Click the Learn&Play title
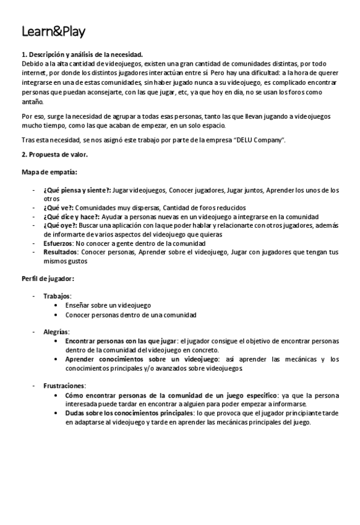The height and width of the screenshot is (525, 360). point(53,32)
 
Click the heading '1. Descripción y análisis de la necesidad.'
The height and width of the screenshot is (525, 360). point(82,55)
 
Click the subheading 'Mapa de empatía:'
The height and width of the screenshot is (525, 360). point(49,171)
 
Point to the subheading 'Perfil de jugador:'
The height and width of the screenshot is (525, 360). point(48,278)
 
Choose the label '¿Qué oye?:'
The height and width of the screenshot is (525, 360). point(60,225)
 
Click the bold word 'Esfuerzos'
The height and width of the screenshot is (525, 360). point(58,243)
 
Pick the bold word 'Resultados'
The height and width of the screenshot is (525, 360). point(60,252)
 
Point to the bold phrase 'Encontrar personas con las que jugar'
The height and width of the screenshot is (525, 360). point(121,341)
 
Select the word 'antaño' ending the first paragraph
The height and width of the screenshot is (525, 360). point(32,102)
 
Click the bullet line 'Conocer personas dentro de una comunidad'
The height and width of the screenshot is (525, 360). point(131,315)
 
